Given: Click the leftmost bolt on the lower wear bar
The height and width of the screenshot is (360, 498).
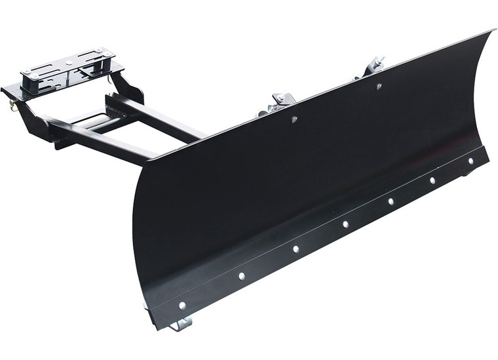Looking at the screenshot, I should [x=182, y=306].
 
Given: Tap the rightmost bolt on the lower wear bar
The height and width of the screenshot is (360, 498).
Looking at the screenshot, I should [x=470, y=161].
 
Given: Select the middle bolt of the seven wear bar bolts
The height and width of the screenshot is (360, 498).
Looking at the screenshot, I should [x=345, y=224].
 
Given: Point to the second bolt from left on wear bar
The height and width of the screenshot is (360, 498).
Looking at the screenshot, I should [x=242, y=276].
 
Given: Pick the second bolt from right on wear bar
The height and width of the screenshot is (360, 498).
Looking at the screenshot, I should [x=432, y=180].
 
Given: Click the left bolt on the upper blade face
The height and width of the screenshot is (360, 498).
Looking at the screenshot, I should [x=294, y=119].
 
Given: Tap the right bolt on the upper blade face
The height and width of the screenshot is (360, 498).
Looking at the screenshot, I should [x=378, y=86].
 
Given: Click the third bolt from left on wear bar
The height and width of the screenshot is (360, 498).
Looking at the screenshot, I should [x=296, y=249].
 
